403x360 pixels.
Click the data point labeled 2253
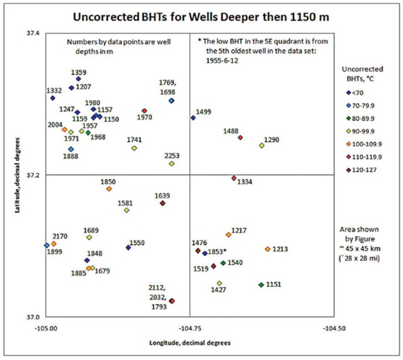171,164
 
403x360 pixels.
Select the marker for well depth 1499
193,118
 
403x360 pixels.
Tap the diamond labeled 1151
261,285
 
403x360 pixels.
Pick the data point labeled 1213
268,249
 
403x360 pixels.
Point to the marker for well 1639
162,203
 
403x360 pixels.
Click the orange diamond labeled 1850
109,189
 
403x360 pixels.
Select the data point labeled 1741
134,148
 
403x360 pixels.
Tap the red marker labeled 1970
144,111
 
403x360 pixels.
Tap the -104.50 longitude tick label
334,329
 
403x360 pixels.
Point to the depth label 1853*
217,252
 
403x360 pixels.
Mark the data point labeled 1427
219,283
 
